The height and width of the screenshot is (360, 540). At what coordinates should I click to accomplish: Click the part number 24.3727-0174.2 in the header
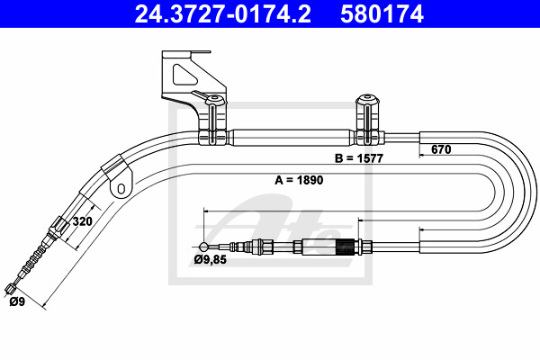[x=223, y=13]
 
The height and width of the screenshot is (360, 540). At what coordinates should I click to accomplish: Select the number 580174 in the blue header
[x=382, y=13]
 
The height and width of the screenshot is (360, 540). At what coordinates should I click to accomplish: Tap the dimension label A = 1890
[x=299, y=180]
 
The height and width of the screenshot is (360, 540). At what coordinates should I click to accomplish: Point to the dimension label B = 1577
[x=359, y=158]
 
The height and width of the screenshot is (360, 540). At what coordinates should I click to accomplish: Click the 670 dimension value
[x=441, y=149]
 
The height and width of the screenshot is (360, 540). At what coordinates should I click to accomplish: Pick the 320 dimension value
[x=82, y=221]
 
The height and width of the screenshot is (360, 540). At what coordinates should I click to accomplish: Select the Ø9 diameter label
[x=17, y=301]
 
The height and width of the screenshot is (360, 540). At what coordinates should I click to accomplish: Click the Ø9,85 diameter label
[x=210, y=259]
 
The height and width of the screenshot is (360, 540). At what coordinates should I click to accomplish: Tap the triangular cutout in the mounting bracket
[x=184, y=75]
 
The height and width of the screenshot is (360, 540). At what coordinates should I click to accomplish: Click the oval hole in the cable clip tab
[x=121, y=188]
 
